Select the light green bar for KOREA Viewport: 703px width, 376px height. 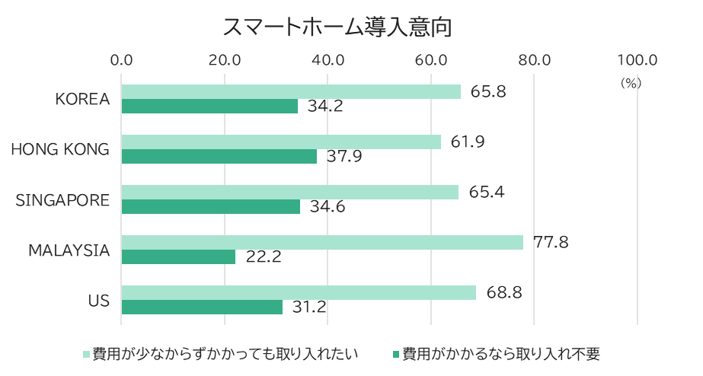click(x=291, y=91)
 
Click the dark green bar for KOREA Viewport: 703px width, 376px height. click(x=209, y=107)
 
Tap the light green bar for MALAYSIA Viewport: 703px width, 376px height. click(x=322, y=242)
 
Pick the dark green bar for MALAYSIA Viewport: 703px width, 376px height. click(x=178, y=257)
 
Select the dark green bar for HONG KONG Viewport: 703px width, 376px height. click(x=219, y=157)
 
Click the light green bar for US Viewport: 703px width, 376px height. click(x=299, y=292)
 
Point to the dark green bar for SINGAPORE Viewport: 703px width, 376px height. click(x=210, y=207)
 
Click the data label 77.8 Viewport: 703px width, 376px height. click(x=551, y=243)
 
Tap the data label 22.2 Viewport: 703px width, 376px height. click(x=264, y=257)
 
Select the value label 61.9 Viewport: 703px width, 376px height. click(x=468, y=142)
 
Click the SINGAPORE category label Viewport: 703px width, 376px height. click(x=63, y=200)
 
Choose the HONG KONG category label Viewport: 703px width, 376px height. click(x=60, y=150)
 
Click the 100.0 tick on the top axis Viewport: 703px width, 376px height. click(x=637, y=60)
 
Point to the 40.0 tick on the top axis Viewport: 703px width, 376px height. click(x=328, y=60)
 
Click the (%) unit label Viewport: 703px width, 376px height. click(x=631, y=83)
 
